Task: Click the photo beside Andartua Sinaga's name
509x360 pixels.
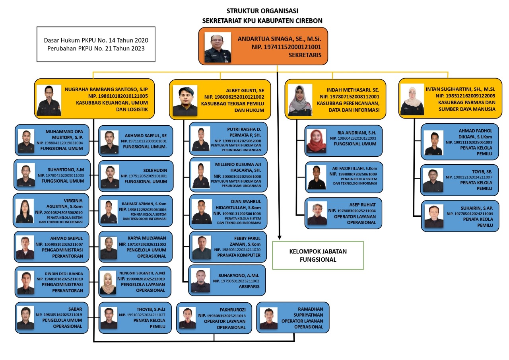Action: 218,47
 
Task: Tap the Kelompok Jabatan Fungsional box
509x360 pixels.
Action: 318,255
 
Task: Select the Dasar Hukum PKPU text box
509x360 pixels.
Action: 95,45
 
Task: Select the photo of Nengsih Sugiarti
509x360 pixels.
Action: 108,283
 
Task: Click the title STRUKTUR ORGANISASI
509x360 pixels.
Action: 262,11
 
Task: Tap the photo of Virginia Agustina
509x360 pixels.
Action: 25,211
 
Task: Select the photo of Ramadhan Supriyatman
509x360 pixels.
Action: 268,318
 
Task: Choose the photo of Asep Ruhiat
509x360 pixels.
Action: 317,214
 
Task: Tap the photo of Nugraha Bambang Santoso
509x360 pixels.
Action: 49,100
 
